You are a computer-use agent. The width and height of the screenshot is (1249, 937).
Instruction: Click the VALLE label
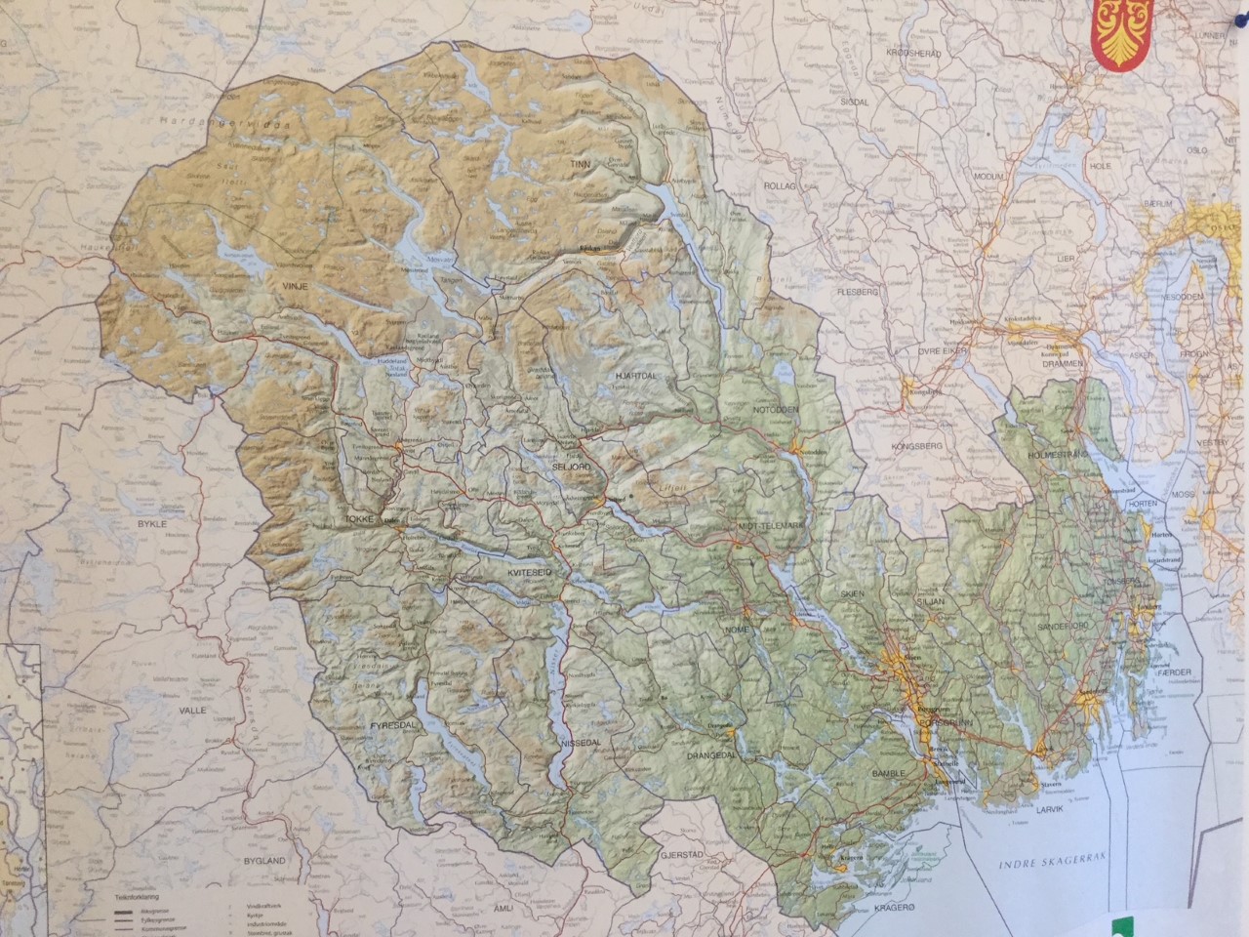click(192, 711)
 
